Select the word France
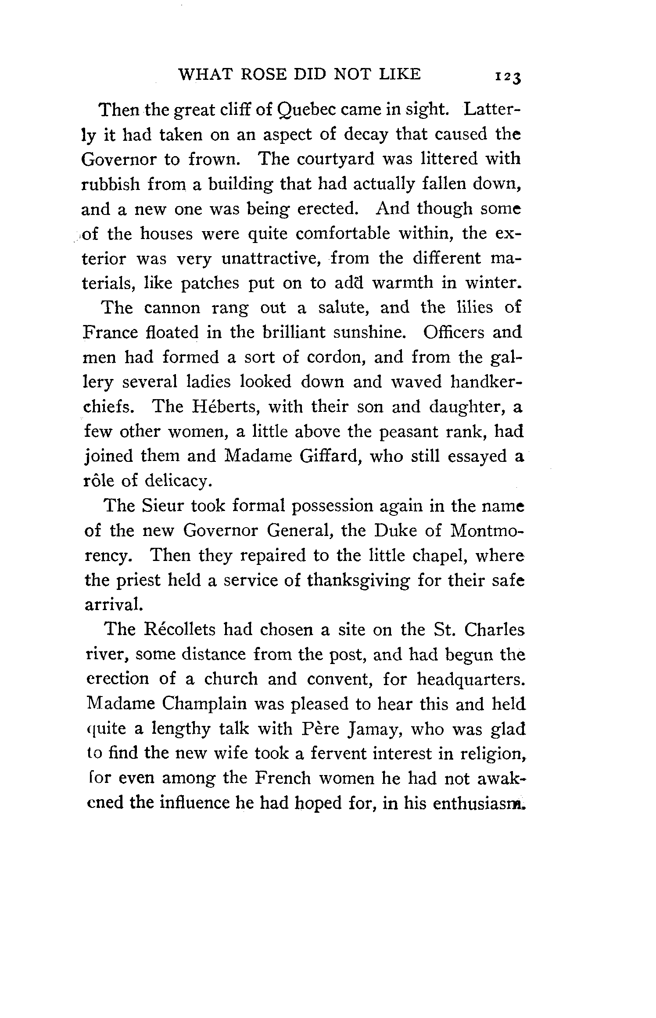[110, 332]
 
